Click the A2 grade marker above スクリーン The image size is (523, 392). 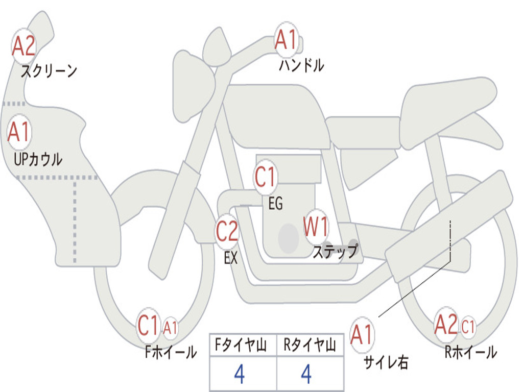click(x=23, y=46)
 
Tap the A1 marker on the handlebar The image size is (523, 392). click(x=286, y=40)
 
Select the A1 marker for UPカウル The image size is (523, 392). click(x=19, y=133)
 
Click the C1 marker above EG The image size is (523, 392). click(x=265, y=178)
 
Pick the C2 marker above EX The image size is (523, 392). click(x=227, y=232)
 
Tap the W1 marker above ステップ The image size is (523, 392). click(x=316, y=227)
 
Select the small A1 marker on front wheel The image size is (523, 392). click(x=171, y=328)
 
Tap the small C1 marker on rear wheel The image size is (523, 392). click(x=468, y=327)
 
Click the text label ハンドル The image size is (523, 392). click(x=301, y=65)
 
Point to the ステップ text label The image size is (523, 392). click(x=335, y=252)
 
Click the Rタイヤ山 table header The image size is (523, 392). click(x=310, y=346)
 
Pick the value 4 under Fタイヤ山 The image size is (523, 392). click(x=239, y=375)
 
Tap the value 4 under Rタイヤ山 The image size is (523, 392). click(x=306, y=375)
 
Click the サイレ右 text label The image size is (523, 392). click(x=386, y=362)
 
